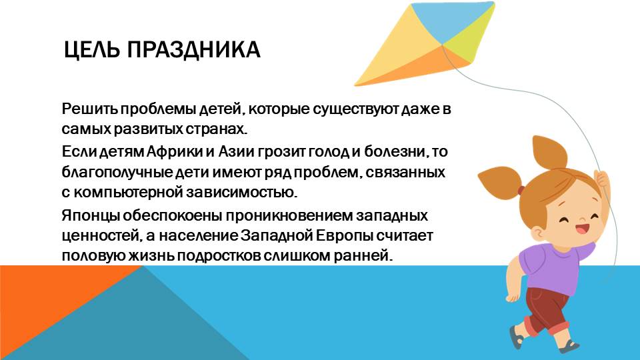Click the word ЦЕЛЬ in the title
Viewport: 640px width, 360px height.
(92, 50)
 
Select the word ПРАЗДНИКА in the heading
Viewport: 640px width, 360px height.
(194, 50)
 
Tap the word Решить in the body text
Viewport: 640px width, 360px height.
(90, 109)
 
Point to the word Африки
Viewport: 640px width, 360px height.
(175, 151)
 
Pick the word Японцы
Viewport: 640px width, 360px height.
(91, 216)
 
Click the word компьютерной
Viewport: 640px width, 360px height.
(128, 192)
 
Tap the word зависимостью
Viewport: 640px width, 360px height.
(241, 192)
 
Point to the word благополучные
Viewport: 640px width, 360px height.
(117, 173)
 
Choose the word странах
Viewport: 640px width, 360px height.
(217, 129)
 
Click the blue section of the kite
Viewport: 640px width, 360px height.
(453, 19)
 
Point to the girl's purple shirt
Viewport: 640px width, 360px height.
(551, 267)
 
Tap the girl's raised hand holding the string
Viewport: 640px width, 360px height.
(601, 179)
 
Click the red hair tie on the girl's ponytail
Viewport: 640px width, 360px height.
(521, 190)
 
